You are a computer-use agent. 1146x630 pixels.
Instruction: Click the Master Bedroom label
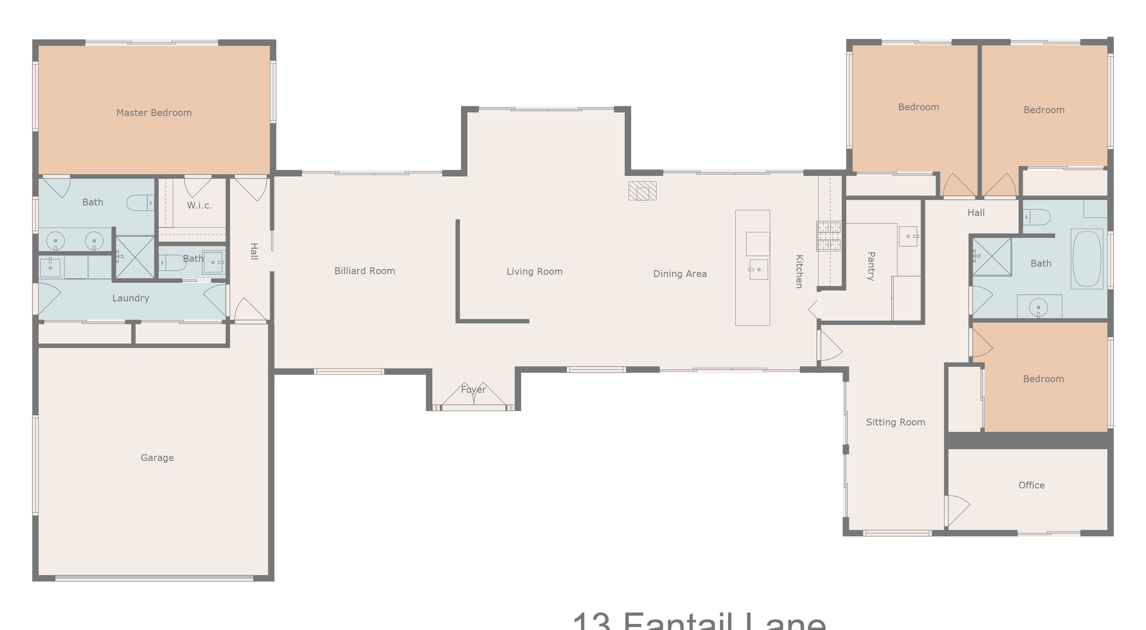pos(154,113)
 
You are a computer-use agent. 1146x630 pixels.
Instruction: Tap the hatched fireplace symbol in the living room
pos(642,191)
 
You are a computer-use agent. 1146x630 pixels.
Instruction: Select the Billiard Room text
pos(364,271)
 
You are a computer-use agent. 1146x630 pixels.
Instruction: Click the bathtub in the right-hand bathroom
pos(1086,259)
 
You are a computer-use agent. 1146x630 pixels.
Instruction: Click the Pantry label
pos(871,266)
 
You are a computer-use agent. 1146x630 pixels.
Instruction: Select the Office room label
pos(1031,485)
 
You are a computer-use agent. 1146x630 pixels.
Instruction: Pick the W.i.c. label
pos(199,205)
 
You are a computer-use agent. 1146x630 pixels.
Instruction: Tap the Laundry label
pos(130,298)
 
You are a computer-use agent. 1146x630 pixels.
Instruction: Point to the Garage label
pos(157,457)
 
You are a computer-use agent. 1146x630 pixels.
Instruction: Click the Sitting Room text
pos(895,422)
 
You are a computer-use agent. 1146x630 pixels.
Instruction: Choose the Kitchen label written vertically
pos(799,271)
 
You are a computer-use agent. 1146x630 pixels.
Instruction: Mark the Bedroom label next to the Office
pos(1043,379)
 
